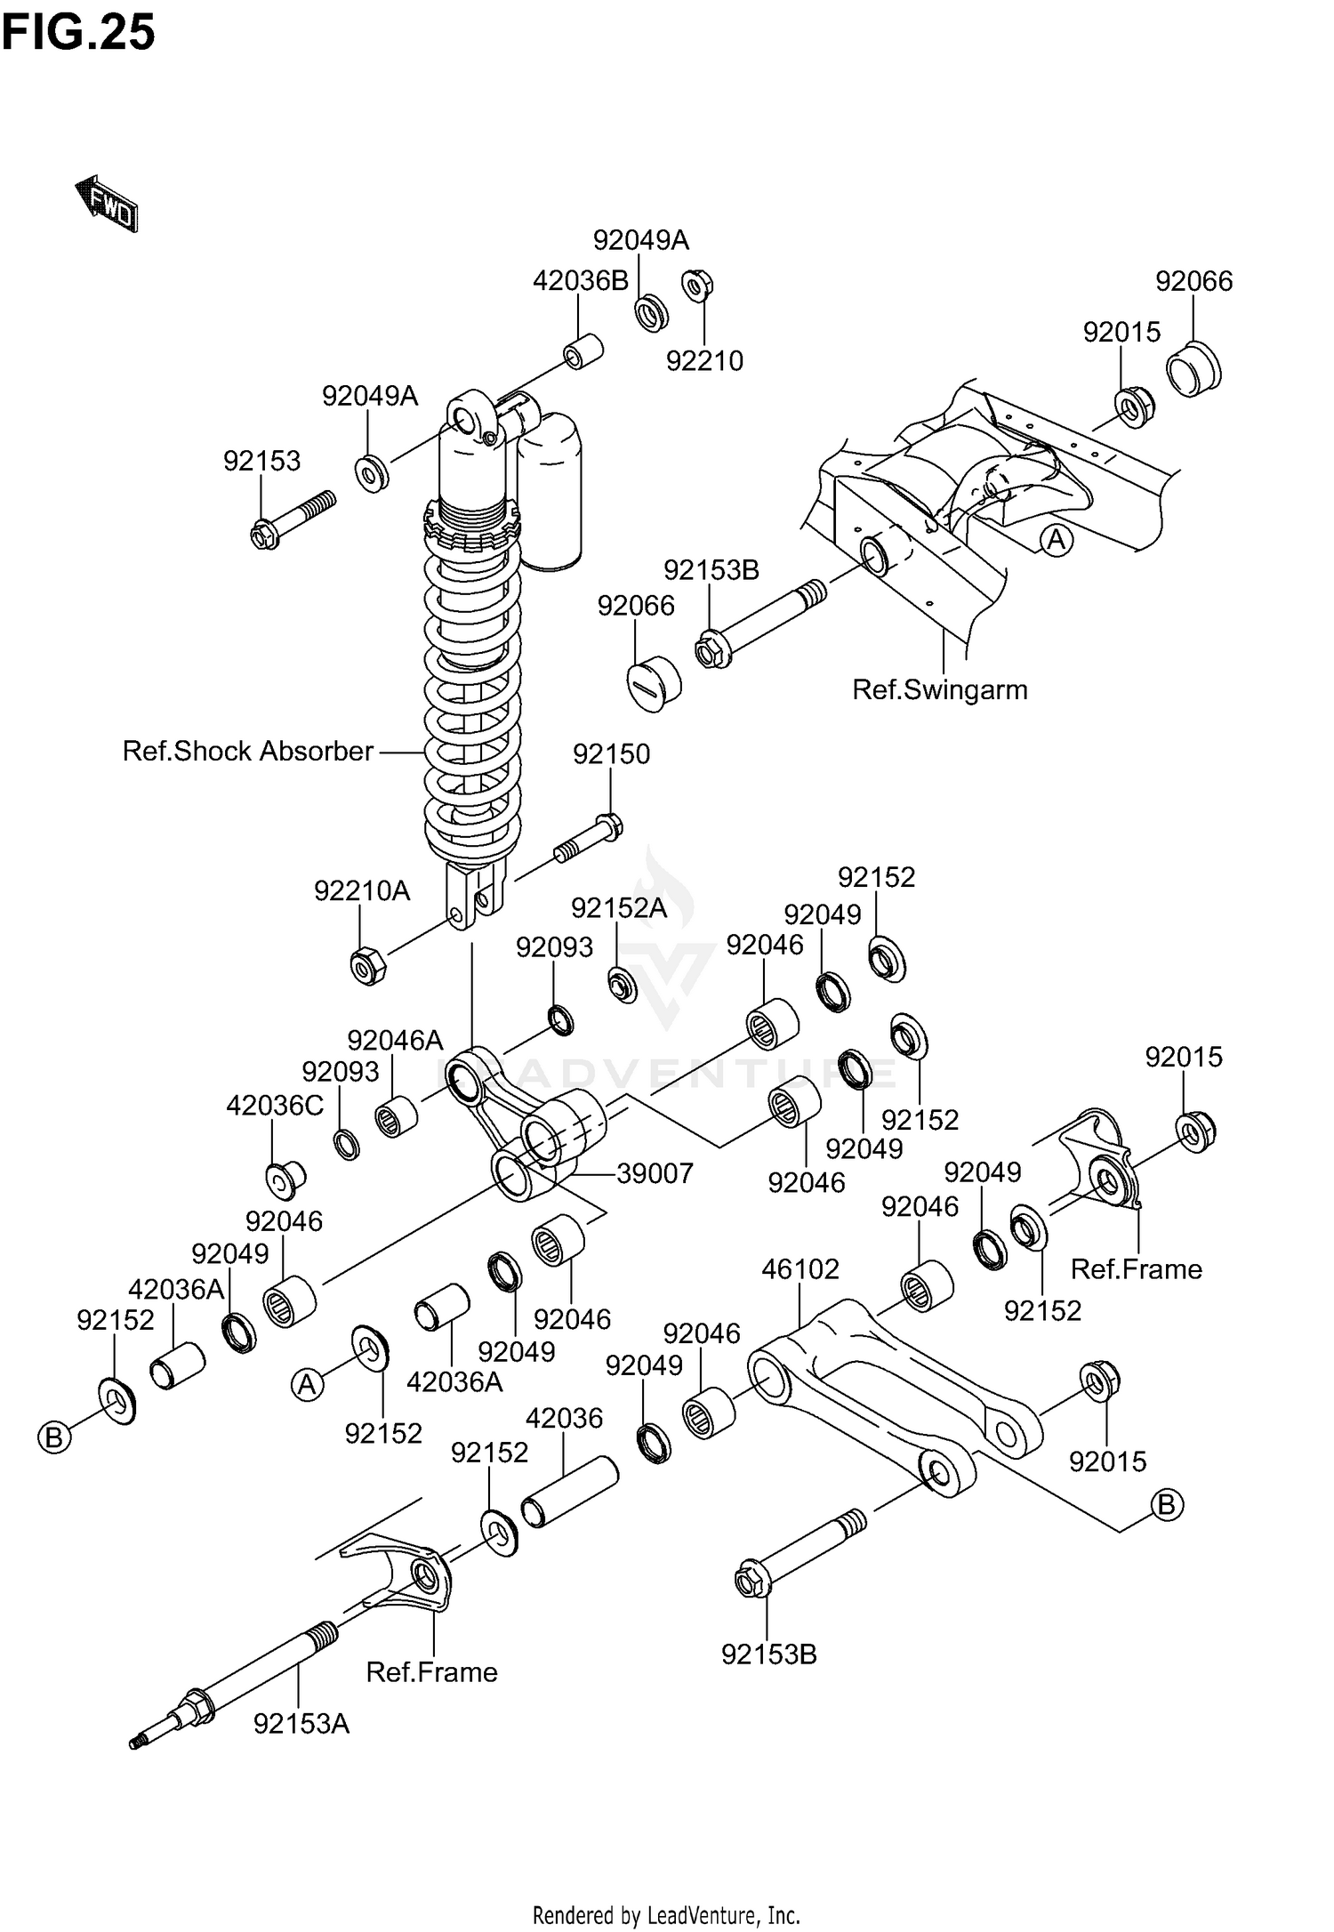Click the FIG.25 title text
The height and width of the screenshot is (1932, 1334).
pyautogui.click(x=78, y=34)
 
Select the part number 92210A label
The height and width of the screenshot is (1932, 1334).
pyautogui.click(x=362, y=890)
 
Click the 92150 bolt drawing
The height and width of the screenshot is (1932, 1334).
pyautogui.click(x=589, y=839)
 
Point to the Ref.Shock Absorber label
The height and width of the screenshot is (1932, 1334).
pyautogui.click(x=247, y=752)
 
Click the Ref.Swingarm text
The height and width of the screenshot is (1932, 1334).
pyautogui.click(x=939, y=689)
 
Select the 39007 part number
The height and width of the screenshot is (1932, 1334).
pyautogui.click(x=655, y=1173)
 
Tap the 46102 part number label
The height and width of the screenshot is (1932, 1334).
pyautogui.click(x=800, y=1268)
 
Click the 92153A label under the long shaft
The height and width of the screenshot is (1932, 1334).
pyautogui.click(x=301, y=1724)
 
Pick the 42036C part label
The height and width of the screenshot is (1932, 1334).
pyautogui.click(x=275, y=1106)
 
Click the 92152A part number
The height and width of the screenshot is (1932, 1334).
pyautogui.click(x=618, y=907)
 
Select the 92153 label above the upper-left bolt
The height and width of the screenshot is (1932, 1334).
pyautogui.click(x=261, y=461)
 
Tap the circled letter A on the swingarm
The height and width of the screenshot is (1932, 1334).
pyautogui.click(x=1057, y=540)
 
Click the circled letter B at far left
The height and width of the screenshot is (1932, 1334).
pyautogui.click(x=54, y=1437)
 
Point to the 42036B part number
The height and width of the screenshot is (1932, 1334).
pyautogui.click(x=580, y=281)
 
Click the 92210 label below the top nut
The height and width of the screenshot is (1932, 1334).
pyautogui.click(x=704, y=360)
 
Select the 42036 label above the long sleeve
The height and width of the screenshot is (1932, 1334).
pyautogui.click(x=564, y=1418)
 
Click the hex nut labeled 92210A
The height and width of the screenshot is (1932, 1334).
pyautogui.click(x=366, y=965)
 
